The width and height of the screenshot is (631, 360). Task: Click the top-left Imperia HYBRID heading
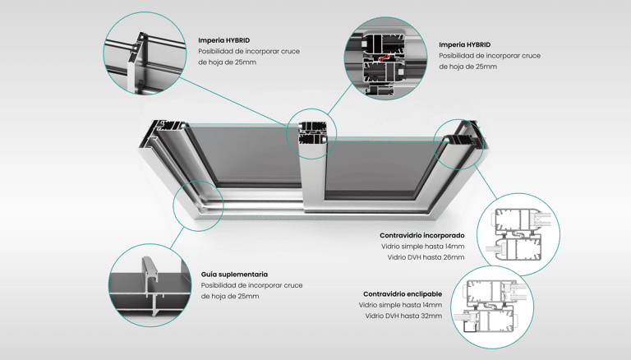223,39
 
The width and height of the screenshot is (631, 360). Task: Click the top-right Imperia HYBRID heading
464,44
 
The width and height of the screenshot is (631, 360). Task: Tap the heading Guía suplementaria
234,274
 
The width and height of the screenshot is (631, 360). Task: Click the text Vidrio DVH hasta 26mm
426,257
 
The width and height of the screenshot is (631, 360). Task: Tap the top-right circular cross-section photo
384,54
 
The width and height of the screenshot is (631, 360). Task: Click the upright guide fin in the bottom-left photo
150,272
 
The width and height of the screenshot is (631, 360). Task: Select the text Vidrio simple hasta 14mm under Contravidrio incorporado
422,247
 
